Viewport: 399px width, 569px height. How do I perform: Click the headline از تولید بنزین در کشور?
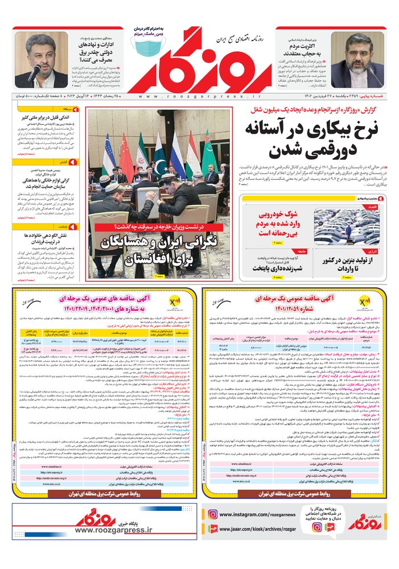click(348, 263)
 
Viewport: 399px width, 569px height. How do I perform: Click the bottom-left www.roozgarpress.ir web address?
click(114, 530)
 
